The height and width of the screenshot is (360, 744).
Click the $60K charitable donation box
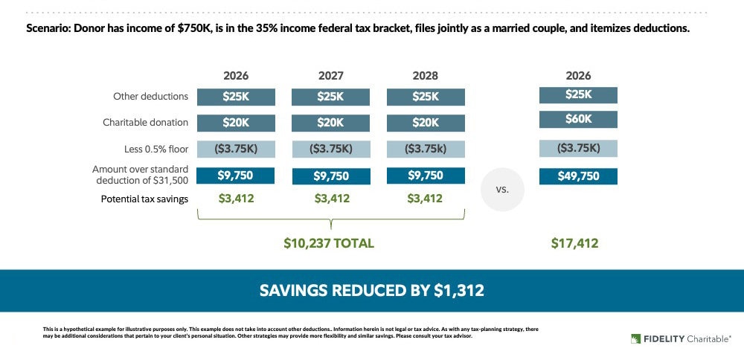[x=578, y=120]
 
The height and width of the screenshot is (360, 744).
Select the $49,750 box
[x=578, y=176]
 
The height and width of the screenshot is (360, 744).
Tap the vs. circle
[x=502, y=189]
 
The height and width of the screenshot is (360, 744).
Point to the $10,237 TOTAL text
[x=329, y=243]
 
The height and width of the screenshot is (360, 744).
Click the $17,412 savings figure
[x=574, y=243]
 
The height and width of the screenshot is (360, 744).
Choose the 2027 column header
[x=330, y=76]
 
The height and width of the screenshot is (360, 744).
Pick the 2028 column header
[x=426, y=76]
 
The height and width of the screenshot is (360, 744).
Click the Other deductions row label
[x=150, y=97]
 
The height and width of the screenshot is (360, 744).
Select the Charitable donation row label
[x=146, y=123]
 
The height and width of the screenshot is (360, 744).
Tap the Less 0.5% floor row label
[x=155, y=149]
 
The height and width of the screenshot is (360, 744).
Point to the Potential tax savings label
[x=144, y=199]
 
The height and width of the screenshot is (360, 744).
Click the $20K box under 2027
[x=330, y=123]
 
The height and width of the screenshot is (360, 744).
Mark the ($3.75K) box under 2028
[x=426, y=149]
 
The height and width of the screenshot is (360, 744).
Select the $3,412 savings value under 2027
[x=330, y=199]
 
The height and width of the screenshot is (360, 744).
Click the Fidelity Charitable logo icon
[x=635, y=338]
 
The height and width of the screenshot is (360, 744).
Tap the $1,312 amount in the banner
[x=459, y=290]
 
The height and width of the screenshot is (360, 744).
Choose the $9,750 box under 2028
[x=426, y=176]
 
